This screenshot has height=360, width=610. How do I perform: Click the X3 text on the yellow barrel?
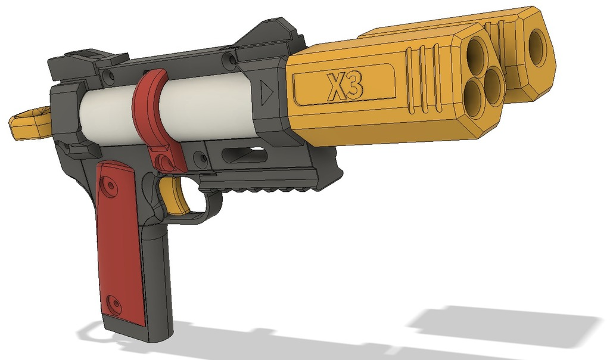(345, 87)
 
